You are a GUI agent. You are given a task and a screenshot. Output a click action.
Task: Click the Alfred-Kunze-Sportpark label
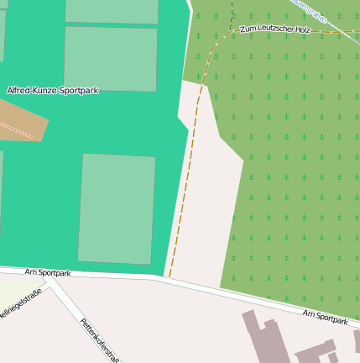[53, 90]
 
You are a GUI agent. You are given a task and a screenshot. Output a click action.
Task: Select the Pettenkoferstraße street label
[100, 339]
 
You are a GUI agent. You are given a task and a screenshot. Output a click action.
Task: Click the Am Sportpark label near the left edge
[48, 273]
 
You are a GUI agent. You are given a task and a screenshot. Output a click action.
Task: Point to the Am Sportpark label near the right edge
[326, 316]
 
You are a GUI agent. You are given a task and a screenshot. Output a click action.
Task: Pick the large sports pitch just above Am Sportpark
[117, 208]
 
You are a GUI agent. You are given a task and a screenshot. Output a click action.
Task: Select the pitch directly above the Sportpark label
[110, 58]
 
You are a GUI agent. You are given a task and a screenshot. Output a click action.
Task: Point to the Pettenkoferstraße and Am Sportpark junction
[52, 284]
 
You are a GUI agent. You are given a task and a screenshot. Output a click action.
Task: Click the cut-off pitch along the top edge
[112, 10]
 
